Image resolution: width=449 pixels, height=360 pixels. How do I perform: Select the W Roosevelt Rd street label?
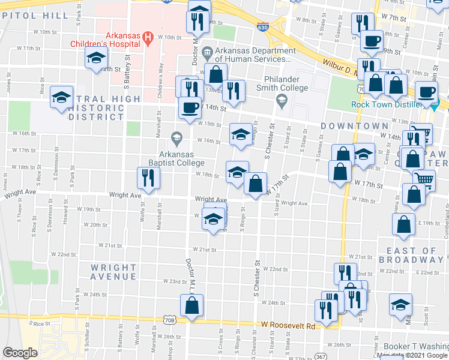288,326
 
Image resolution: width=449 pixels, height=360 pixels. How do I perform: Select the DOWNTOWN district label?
354,126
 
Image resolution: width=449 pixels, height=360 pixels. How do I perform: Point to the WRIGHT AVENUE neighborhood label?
113,272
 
